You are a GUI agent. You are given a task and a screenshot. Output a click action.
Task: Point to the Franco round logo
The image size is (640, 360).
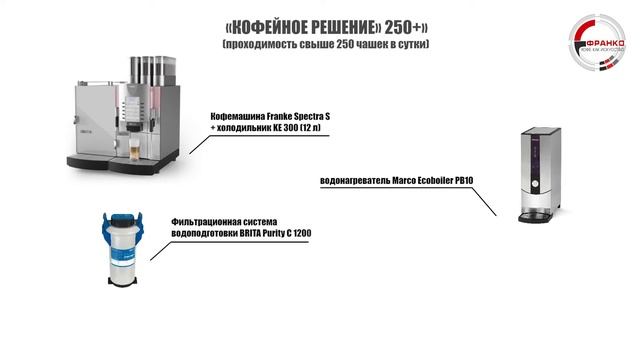pyautogui.click(x=596, y=44)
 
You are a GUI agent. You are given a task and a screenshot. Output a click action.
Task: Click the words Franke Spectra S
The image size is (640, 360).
pyautogui.click(x=294, y=118)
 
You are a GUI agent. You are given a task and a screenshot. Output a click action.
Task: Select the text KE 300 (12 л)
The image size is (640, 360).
pyautogui.click(x=299, y=130)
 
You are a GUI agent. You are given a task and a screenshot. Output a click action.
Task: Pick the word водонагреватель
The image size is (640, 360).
pyautogui.click(x=357, y=181)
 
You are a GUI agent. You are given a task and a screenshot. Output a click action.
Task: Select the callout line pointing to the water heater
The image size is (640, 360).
pyautogui.click(x=480, y=200)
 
